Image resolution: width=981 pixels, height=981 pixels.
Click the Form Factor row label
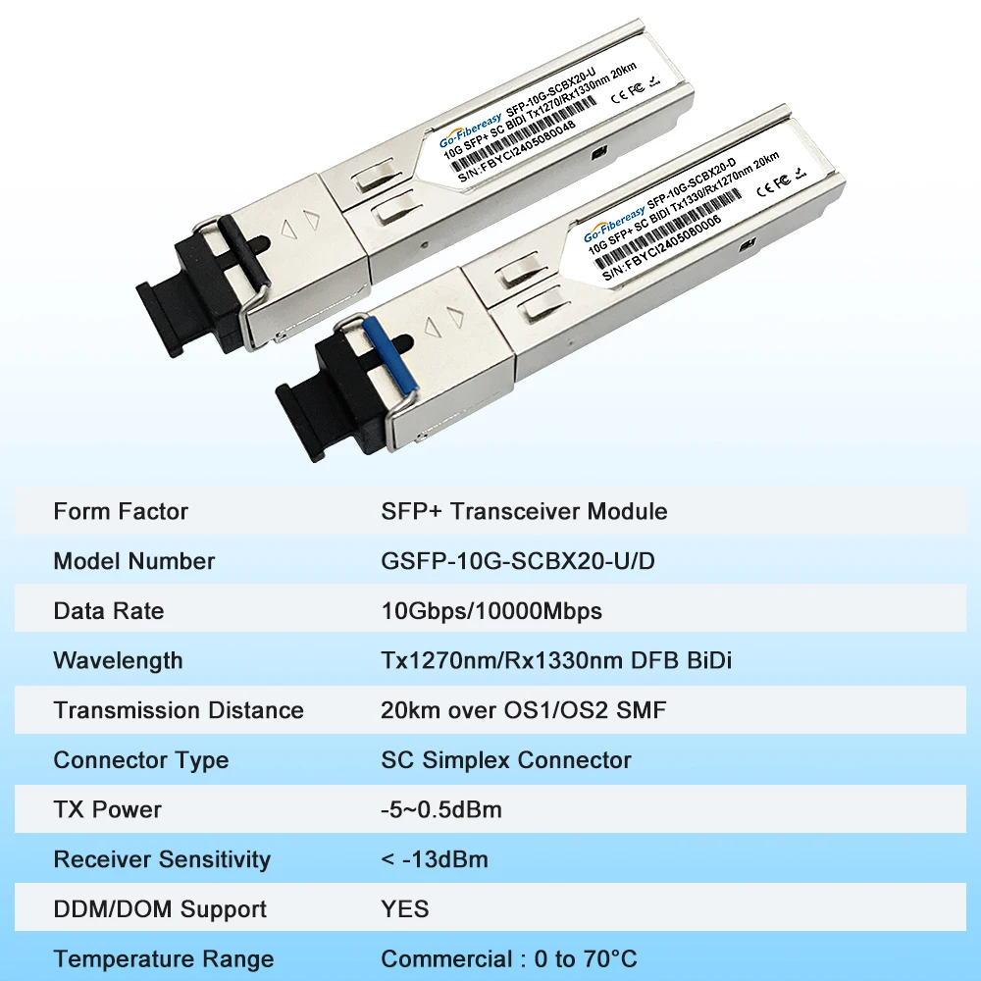(121, 511)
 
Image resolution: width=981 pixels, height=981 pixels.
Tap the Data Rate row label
(109, 611)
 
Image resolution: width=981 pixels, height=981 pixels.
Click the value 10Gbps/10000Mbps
(490, 611)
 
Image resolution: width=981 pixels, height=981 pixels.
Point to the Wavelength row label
(118, 660)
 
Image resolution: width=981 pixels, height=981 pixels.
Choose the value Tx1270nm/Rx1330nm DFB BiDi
(556, 660)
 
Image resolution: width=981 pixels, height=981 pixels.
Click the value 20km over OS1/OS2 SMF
(523, 710)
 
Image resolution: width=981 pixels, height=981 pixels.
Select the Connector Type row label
(141, 760)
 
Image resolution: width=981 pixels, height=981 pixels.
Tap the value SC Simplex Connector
(505, 760)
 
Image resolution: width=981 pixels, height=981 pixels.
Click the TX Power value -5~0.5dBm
(440, 809)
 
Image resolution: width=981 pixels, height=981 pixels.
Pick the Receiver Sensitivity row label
(162, 859)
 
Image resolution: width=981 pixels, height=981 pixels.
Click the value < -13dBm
(434, 859)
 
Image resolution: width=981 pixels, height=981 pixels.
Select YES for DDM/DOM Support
(404, 909)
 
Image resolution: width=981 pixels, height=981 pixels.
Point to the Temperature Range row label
(164, 959)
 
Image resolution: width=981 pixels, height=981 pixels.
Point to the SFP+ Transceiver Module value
(524, 511)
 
